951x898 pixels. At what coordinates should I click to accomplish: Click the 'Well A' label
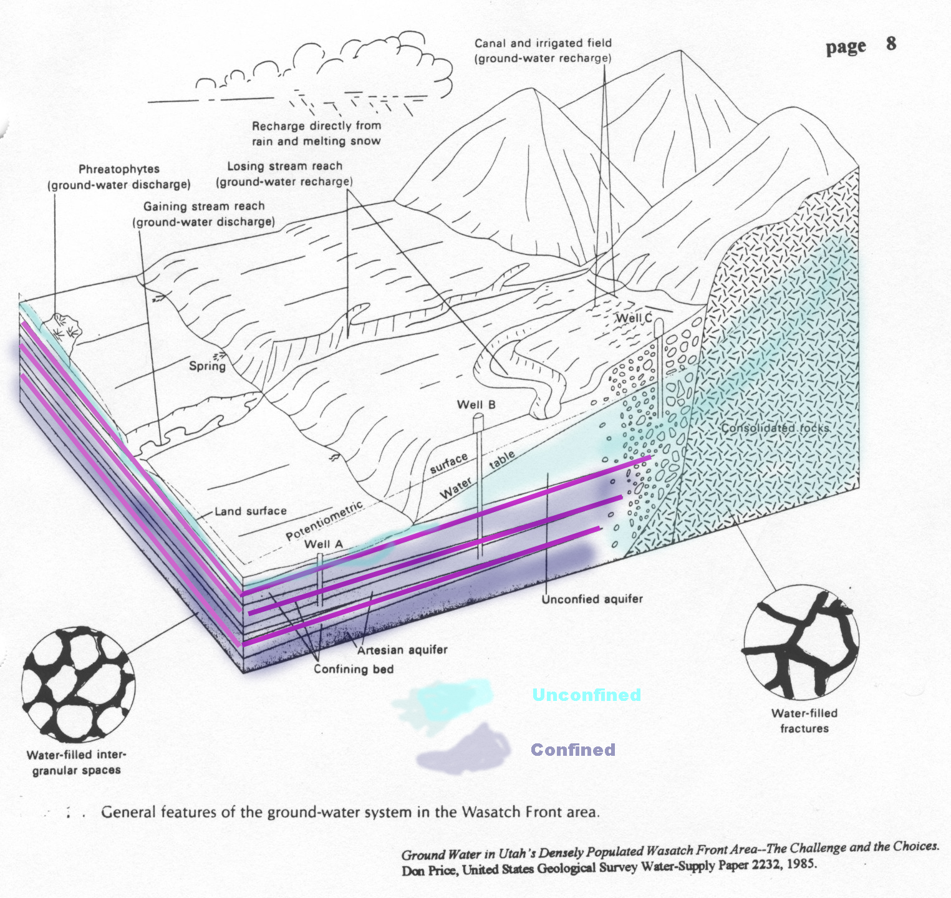point(324,544)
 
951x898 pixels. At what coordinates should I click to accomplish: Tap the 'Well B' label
point(476,405)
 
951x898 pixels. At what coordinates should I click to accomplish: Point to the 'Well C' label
point(634,318)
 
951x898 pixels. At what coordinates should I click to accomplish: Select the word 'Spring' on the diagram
point(207,366)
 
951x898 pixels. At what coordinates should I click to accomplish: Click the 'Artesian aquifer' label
point(402,650)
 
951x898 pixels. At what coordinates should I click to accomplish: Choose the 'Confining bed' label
point(354,669)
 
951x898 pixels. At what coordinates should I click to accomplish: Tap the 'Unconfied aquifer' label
point(592,599)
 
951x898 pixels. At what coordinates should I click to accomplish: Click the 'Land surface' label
point(251,511)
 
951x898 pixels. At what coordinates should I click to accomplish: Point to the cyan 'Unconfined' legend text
point(586,695)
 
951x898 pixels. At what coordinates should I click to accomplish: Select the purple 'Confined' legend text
point(572,750)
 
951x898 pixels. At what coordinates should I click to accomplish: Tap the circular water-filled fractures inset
point(801,642)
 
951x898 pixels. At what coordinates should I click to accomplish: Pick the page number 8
point(891,44)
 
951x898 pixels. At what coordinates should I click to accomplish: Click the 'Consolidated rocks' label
point(775,428)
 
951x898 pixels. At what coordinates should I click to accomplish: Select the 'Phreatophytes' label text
point(119,169)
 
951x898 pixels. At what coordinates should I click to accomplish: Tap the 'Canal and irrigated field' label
point(543,43)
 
